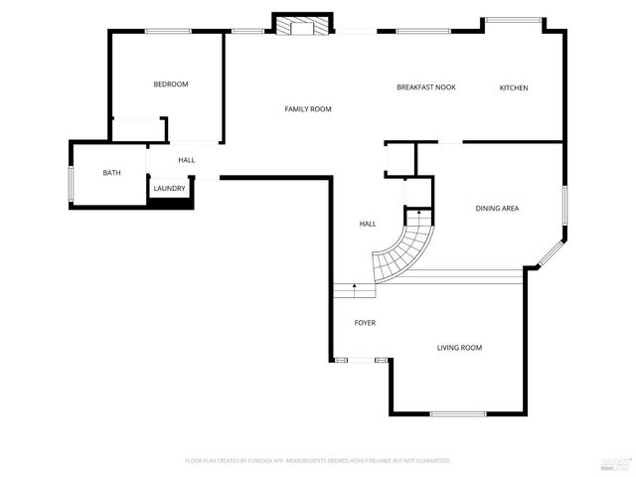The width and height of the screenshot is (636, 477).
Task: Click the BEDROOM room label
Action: click(x=170, y=84)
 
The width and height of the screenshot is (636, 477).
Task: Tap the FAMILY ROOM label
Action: click(x=308, y=109)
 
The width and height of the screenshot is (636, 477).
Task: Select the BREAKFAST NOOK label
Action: click(x=425, y=87)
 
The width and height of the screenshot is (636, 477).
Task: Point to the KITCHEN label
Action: click(x=513, y=88)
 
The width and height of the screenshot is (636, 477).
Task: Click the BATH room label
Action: click(x=111, y=173)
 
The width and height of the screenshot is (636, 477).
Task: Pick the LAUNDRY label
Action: click(x=168, y=188)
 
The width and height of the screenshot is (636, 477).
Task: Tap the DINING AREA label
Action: click(x=497, y=209)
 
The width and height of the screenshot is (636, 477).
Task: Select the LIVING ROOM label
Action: click(x=459, y=348)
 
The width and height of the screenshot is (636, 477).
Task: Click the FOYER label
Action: click(x=365, y=324)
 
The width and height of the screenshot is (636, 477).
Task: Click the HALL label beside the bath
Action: click(x=186, y=160)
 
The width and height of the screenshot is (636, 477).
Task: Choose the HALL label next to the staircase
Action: click(x=367, y=225)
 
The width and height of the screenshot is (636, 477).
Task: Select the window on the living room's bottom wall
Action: click(x=458, y=413)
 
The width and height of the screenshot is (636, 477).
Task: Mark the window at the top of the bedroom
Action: click(x=168, y=32)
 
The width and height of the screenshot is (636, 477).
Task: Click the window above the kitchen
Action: click(x=513, y=20)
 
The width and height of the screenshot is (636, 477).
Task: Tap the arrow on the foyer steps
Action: click(x=355, y=287)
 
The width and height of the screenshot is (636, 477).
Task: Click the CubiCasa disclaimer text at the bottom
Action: click(x=318, y=461)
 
